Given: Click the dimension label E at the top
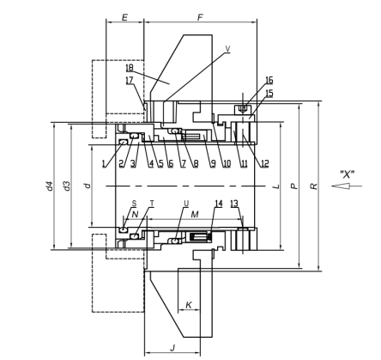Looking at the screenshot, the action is (124, 17).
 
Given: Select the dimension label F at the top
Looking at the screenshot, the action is (200, 17).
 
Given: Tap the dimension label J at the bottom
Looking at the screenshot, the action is (172, 348).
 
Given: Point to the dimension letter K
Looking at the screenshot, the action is (189, 305).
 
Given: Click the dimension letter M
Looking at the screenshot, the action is (195, 214).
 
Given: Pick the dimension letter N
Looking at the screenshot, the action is (135, 214).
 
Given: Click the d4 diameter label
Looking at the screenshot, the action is (50, 186).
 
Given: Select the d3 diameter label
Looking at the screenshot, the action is (67, 186).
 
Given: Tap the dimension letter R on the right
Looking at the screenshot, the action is (314, 186).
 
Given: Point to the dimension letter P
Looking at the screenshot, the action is (294, 186).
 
